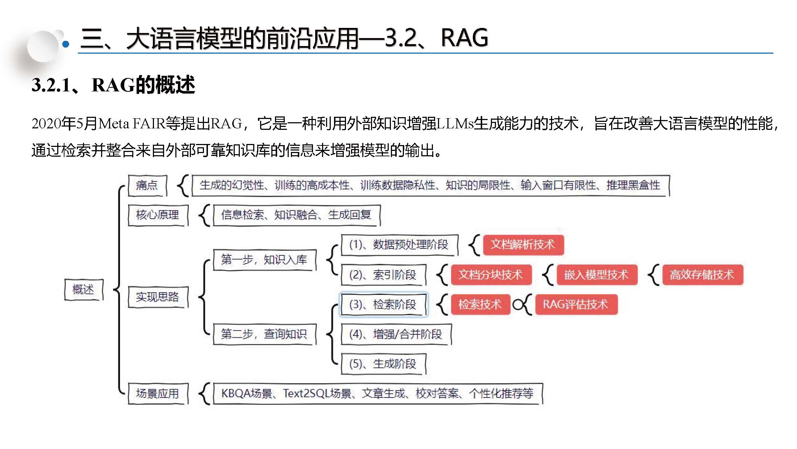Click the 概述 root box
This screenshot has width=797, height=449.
(x=84, y=289)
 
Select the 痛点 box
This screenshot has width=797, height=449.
(x=147, y=185)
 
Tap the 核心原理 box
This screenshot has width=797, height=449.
(x=158, y=215)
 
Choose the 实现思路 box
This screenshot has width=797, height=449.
(x=158, y=297)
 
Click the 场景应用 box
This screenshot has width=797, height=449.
(x=158, y=394)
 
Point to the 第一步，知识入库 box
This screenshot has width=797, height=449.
(x=264, y=260)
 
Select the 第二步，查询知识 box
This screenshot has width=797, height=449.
(x=264, y=334)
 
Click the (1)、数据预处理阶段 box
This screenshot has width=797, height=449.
(x=399, y=245)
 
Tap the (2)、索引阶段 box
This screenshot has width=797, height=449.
(x=383, y=275)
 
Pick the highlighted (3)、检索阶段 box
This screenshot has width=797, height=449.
(x=383, y=305)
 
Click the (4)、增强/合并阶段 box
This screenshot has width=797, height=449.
(x=396, y=334)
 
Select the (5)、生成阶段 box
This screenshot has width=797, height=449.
(x=383, y=364)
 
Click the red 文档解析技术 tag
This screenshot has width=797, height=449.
(x=523, y=245)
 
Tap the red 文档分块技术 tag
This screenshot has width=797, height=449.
(x=491, y=275)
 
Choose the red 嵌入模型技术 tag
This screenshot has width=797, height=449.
(x=596, y=275)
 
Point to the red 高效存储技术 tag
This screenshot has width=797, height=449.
(x=702, y=275)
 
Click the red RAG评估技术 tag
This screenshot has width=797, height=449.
(x=576, y=305)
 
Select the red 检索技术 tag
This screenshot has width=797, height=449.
(x=480, y=305)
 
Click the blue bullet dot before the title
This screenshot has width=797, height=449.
(x=66, y=44)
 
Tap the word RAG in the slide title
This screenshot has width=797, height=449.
(x=464, y=38)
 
